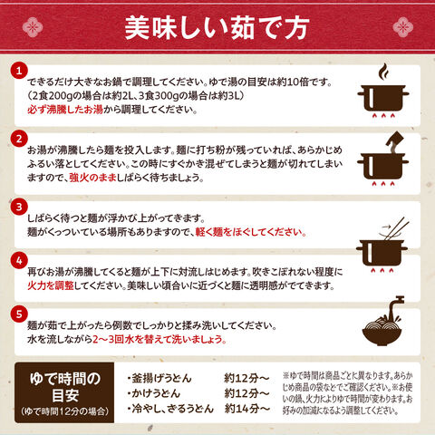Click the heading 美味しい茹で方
pyautogui.click(x=217, y=28)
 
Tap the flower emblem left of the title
pyautogui.click(x=33, y=27)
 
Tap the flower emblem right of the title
pyautogui.click(x=403, y=27)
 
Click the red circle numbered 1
pyautogui.click(x=19, y=72)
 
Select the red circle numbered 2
pyautogui.click(x=19, y=140)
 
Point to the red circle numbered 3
pyautogui.click(x=19, y=207)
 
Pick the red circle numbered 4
pyautogui.click(x=19, y=261)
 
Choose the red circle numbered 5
pyautogui.click(x=19, y=314)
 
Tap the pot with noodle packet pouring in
pyautogui.click(x=383, y=159)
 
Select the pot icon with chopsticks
pyautogui.click(x=382, y=246)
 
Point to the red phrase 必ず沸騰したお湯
pyautogui.click(x=65, y=110)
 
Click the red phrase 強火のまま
pyautogui.click(x=93, y=178)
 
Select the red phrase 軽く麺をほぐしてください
pyautogui.click(x=251, y=232)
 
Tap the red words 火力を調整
pyautogui.click(x=51, y=285)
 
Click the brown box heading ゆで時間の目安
pyautogui.click(x=65, y=388)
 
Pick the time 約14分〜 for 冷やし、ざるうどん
pyautogui.click(x=246, y=409)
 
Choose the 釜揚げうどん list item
pyautogui.click(x=159, y=378)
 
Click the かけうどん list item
pyautogui.click(x=153, y=393)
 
